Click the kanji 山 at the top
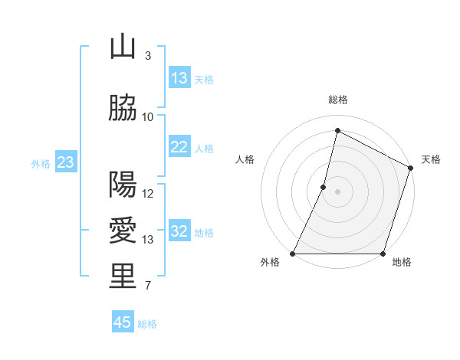click(123, 47)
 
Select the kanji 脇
click(123, 110)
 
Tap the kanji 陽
click(123, 185)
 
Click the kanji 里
click(123, 277)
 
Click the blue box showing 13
click(179, 78)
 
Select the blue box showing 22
click(179, 148)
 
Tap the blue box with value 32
click(179, 232)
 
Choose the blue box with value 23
click(65, 162)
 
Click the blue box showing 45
click(123, 322)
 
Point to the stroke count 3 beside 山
click(147, 55)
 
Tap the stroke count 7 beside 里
click(147, 286)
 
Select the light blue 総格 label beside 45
click(147, 324)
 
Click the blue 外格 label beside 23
click(41, 163)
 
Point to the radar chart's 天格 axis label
click(431, 159)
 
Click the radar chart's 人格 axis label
click(245, 159)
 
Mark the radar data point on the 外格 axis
click(293, 254)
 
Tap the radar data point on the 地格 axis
click(383, 254)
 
